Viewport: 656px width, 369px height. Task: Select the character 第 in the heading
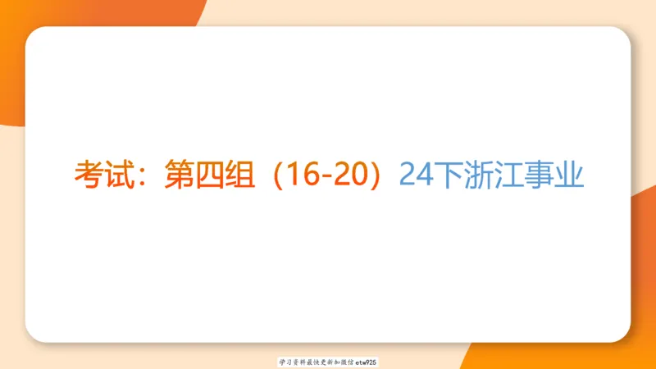(x=179, y=175)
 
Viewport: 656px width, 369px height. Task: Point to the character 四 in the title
(x=208, y=175)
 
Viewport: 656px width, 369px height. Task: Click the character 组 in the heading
(x=238, y=175)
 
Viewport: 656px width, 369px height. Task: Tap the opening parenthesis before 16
(x=264, y=175)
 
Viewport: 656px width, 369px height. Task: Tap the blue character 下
(x=447, y=175)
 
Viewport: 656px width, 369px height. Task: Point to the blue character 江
(x=508, y=175)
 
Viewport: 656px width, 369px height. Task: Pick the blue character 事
(x=539, y=175)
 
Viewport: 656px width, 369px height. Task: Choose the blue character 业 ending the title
(x=569, y=175)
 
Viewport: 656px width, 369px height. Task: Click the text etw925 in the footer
(x=366, y=362)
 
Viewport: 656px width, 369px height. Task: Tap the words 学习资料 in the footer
(x=291, y=362)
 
